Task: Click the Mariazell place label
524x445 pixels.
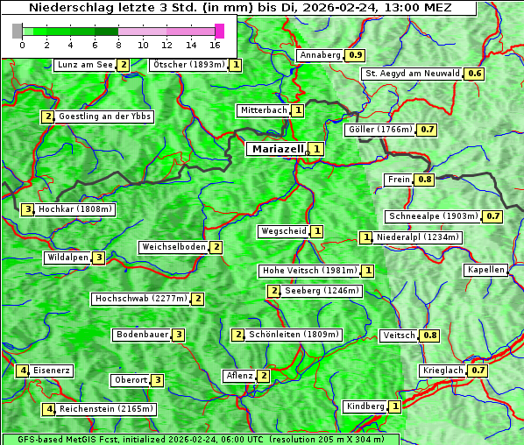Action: (x=277, y=149)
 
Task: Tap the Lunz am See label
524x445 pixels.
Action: (x=84, y=65)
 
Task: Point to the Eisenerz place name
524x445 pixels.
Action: (x=52, y=371)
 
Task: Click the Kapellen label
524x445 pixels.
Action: (x=486, y=270)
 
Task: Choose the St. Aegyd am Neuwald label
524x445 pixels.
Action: (x=412, y=74)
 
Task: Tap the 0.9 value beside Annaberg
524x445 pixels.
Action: (x=355, y=55)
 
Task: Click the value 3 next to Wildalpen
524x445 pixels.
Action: (x=99, y=258)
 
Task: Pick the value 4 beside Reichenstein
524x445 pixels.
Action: (x=50, y=409)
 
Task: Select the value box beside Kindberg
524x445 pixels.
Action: (x=395, y=406)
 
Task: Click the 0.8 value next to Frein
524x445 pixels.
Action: (x=424, y=180)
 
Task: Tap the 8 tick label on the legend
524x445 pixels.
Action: (x=118, y=44)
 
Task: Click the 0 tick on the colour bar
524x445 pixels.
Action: (x=22, y=44)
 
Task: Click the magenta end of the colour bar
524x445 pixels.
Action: (x=219, y=31)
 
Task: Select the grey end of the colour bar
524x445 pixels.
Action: (x=18, y=31)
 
